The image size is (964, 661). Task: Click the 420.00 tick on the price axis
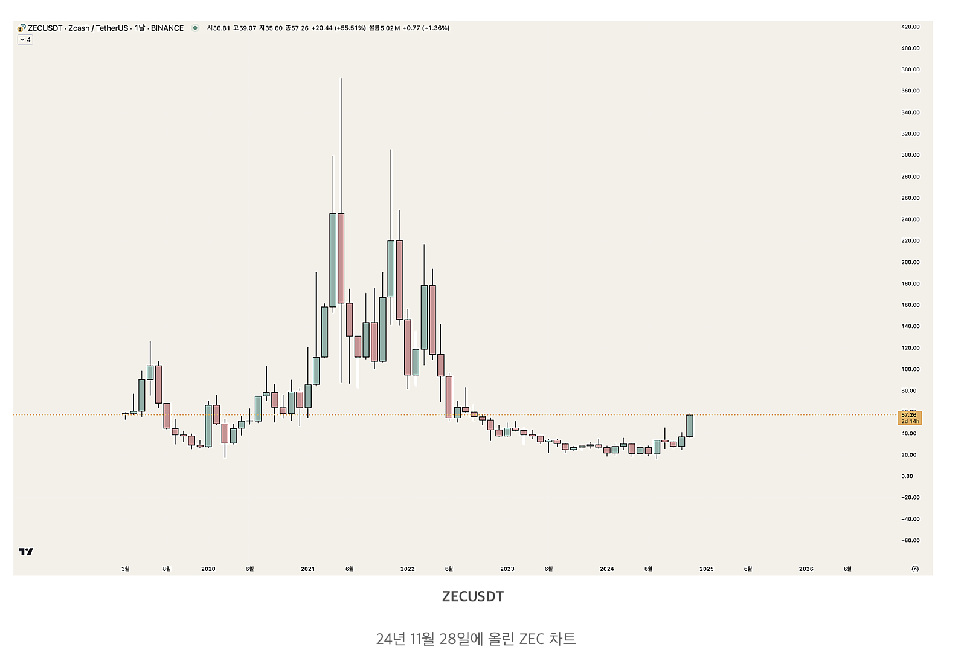[x=910, y=27]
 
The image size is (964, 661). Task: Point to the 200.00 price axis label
[x=910, y=262]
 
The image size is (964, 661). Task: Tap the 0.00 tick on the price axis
[x=907, y=476]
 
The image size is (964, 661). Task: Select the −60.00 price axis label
[x=910, y=541]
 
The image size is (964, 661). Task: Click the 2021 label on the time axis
[x=308, y=569]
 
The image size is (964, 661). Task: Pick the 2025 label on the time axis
[x=706, y=569]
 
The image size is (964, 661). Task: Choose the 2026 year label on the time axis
[x=806, y=569]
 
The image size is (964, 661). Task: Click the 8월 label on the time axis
[x=167, y=569]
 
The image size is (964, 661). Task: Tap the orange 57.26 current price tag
[x=909, y=418]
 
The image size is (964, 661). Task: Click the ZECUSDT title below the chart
[x=473, y=597]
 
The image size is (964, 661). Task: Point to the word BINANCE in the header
[x=167, y=28]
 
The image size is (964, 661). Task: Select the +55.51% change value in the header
[x=350, y=28]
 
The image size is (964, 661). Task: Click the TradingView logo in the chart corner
[x=26, y=552]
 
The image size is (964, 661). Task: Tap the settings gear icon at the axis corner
[x=915, y=569]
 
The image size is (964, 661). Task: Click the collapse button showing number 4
[x=25, y=40]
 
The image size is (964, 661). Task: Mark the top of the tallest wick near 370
[x=341, y=79]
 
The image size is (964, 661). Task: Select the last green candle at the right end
[x=690, y=425]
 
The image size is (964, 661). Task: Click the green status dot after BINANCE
[x=195, y=28]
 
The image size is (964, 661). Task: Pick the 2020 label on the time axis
[x=208, y=569]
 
